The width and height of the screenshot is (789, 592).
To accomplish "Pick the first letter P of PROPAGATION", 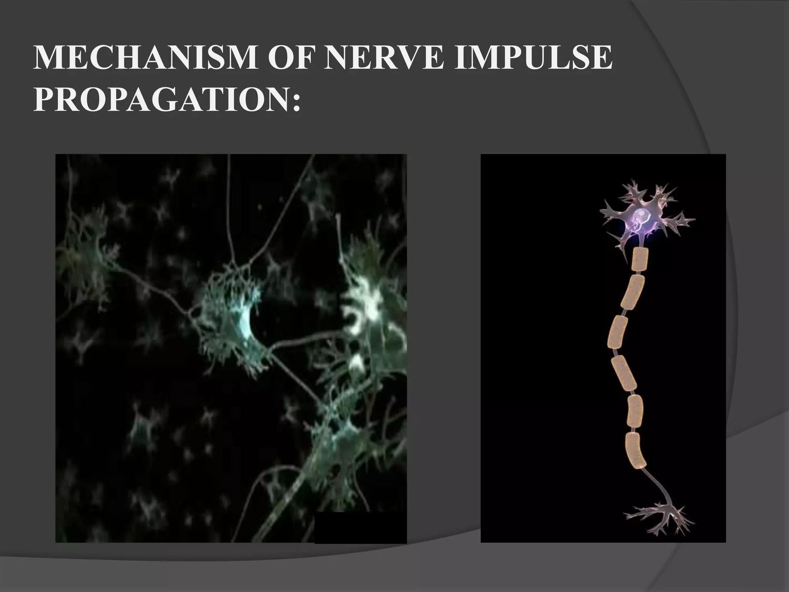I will coord(42,99).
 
